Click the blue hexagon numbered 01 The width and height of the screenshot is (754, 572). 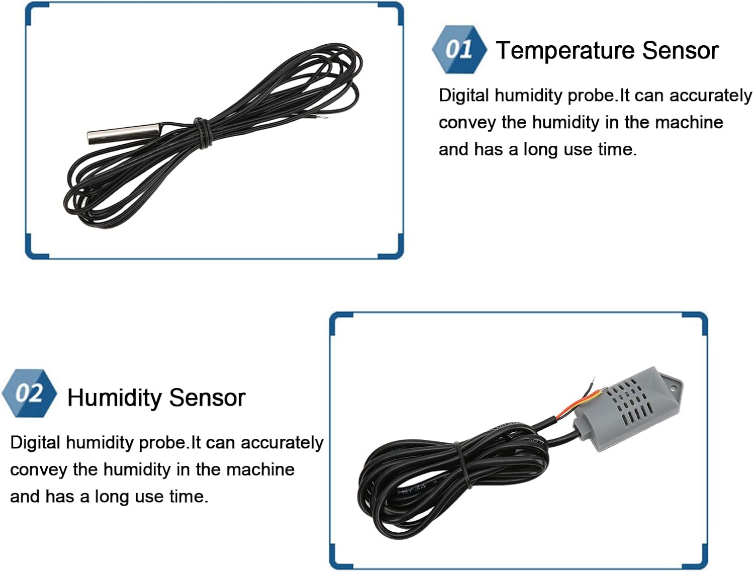click(459, 49)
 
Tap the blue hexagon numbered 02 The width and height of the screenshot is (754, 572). click(29, 393)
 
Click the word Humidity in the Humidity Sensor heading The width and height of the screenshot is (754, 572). click(115, 398)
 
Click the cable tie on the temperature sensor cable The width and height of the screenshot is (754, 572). click(202, 133)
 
